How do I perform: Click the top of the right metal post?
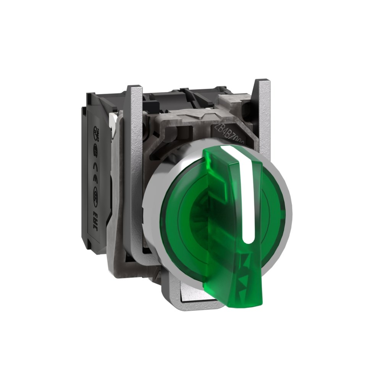[x=263, y=82]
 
